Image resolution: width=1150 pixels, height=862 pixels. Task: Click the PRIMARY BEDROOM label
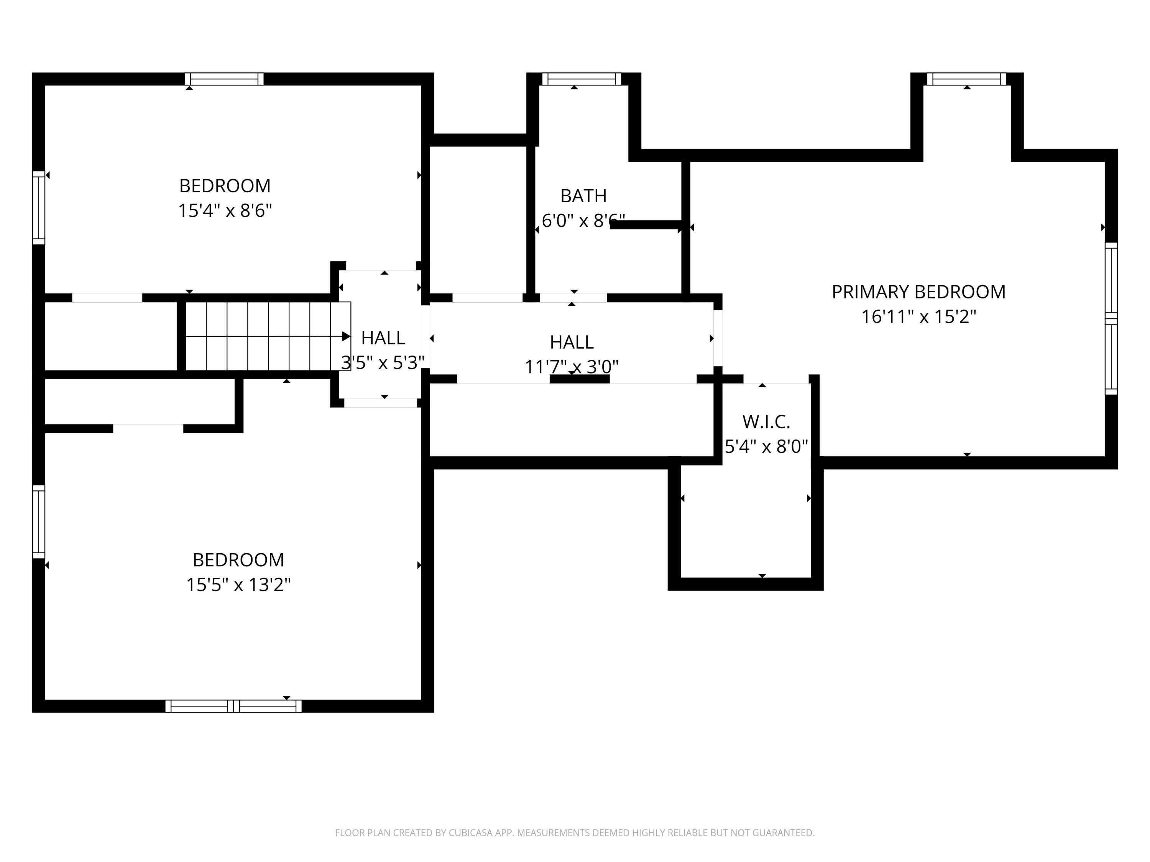918,292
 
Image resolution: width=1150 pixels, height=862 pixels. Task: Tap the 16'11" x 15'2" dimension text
918,316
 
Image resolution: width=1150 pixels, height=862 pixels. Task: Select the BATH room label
583,196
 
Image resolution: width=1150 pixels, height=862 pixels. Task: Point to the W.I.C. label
766,422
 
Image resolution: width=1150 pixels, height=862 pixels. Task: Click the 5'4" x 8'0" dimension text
766,446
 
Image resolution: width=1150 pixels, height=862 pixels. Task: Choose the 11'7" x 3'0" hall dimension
572,367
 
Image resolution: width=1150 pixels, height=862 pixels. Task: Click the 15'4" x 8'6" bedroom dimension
225,210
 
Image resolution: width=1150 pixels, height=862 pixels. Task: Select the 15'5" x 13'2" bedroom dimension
238,585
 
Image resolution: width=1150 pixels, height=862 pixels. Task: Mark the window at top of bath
582,79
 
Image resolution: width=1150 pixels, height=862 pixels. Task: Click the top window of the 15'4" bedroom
224,79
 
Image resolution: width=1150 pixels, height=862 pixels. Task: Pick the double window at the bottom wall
233,706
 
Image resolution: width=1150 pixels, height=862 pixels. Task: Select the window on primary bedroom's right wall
1111,319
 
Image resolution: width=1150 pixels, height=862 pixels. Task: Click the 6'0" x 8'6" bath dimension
583,221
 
